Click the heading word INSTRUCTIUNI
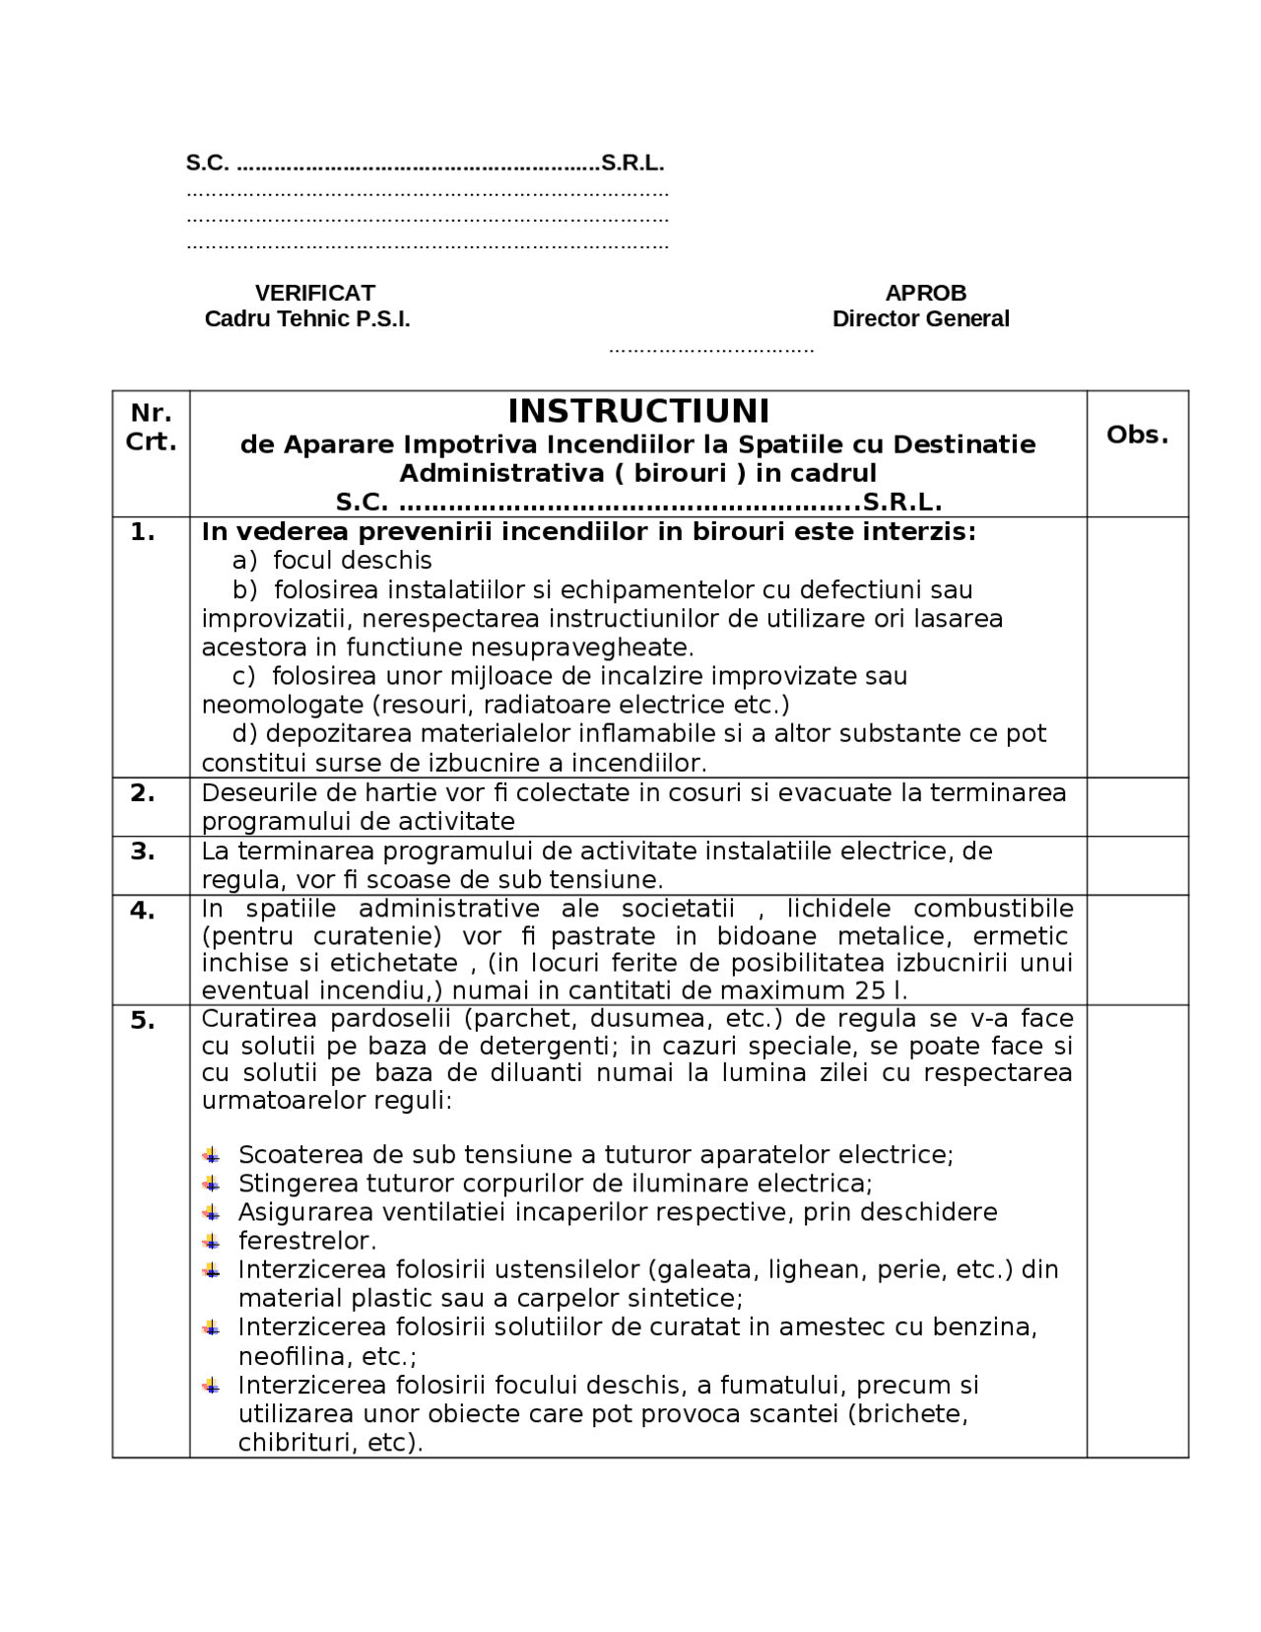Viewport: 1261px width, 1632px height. [x=638, y=411]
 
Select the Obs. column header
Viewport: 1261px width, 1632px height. [x=1137, y=435]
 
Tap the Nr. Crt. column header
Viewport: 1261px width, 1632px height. [x=151, y=427]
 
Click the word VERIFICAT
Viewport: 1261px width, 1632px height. [x=314, y=293]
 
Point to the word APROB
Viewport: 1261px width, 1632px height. [x=925, y=293]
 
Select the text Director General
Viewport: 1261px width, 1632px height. [x=920, y=318]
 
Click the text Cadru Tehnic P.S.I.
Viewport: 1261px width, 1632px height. [x=306, y=318]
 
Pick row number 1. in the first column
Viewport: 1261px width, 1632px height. [x=143, y=532]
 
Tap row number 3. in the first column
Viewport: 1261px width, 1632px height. [x=143, y=851]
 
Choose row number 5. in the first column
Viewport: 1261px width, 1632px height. [x=143, y=1020]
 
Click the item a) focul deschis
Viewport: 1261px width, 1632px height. [x=332, y=561]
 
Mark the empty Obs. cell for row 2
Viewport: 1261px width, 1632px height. [x=1137, y=807]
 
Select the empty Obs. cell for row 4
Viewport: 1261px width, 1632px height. [x=1137, y=949]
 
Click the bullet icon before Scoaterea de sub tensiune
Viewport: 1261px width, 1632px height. [x=212, y=1155]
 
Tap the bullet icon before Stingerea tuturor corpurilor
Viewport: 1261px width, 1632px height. [x=212, y=1184]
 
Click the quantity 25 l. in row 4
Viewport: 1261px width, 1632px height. [x=881, y=990]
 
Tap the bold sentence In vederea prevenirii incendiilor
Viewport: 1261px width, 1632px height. [x=588, y=532]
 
